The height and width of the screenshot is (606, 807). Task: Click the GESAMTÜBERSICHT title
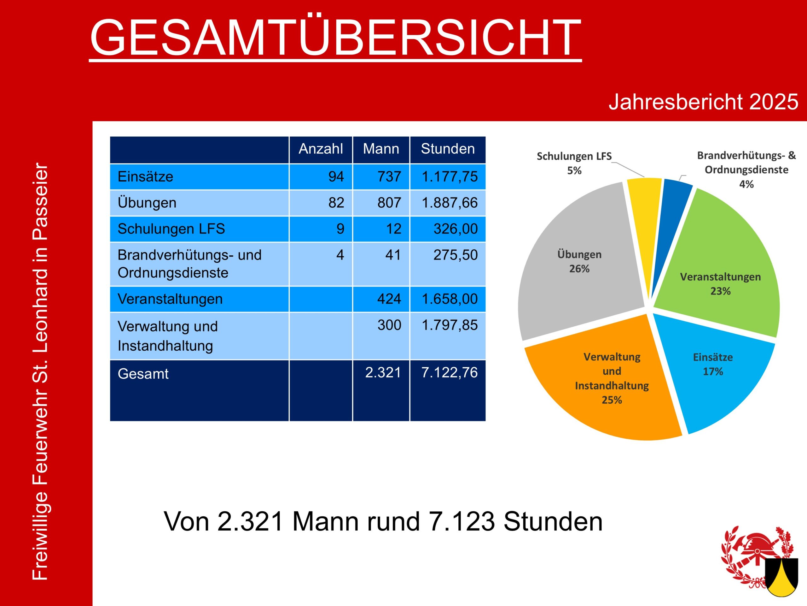[x=335, y=37]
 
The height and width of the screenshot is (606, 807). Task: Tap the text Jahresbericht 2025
[x=703, y=102]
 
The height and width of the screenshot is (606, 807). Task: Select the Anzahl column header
[x=321, y=149]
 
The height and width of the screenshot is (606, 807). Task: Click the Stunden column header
[x=448, y=149]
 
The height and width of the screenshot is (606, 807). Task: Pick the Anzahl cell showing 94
[x=336, y=177]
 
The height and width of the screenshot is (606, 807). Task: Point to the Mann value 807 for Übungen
[x=389, y=203]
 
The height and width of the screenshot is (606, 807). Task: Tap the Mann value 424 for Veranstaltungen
[x=389, y=299]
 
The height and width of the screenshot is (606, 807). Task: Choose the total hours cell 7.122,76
[x=449, y=372]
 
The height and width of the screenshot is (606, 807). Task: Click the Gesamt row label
[x=143, y=374]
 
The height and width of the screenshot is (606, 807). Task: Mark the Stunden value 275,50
[x=455, y=255]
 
